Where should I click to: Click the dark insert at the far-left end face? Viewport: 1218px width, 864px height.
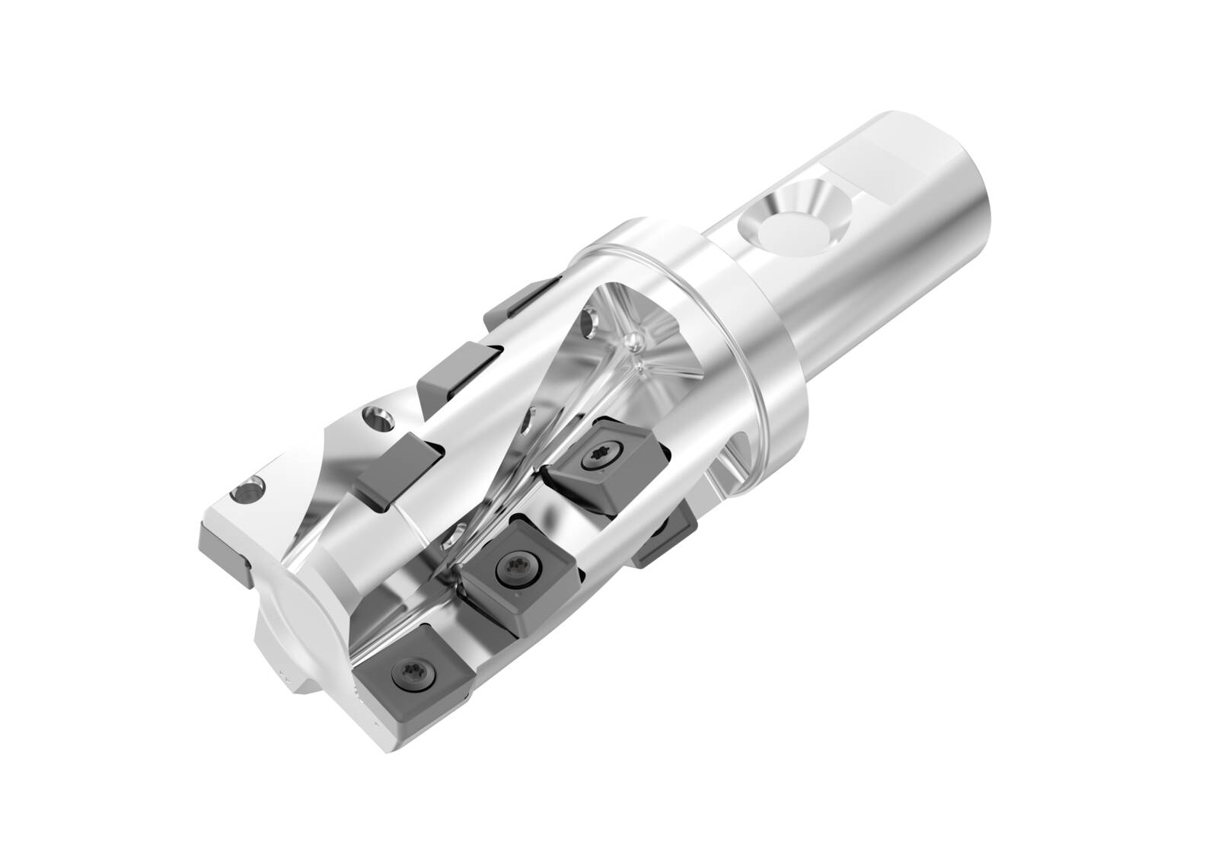[225, 552]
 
